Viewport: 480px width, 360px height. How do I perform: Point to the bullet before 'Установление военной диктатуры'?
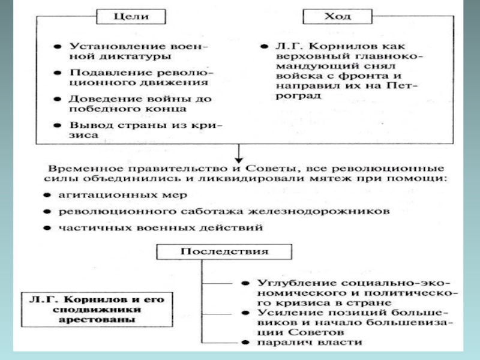point(56,46)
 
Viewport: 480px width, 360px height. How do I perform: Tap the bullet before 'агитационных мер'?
point(47,196)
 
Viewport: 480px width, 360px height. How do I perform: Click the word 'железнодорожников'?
point(338,212)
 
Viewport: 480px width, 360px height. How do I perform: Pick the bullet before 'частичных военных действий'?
point(47,229)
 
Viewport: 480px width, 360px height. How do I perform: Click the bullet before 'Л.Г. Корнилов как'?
point(263,46)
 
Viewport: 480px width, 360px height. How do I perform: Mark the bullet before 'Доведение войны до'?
point(56,98)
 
